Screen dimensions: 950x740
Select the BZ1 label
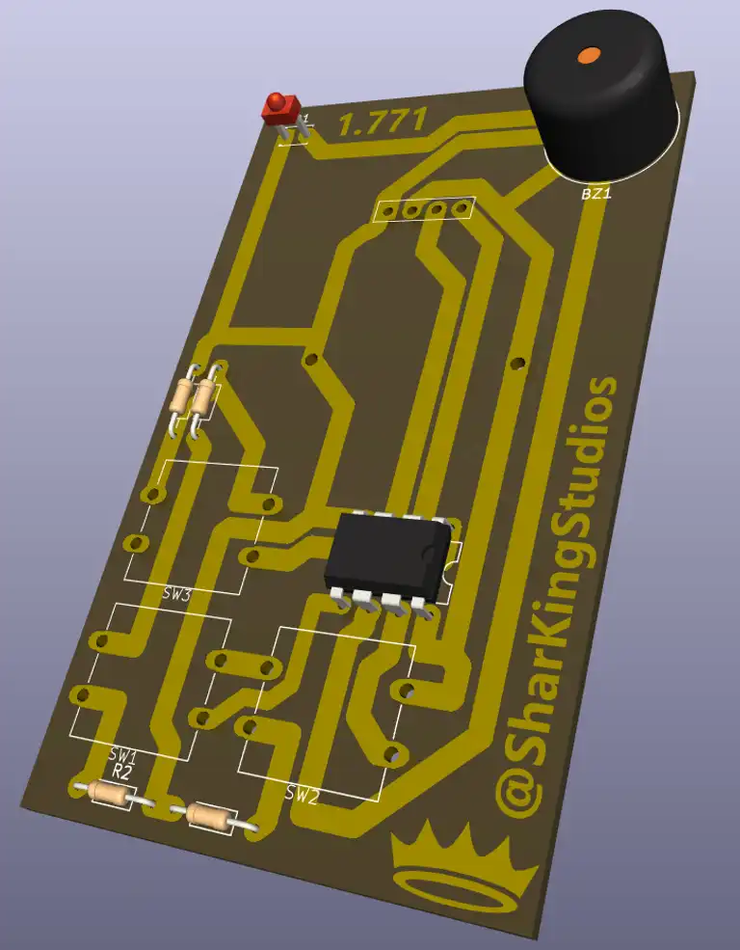596,194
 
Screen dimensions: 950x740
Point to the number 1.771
382,123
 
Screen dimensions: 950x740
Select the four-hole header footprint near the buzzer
424,208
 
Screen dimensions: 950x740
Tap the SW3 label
177,594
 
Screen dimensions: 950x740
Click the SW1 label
123,753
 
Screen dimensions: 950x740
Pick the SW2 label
302,794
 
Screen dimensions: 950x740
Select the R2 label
121,772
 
